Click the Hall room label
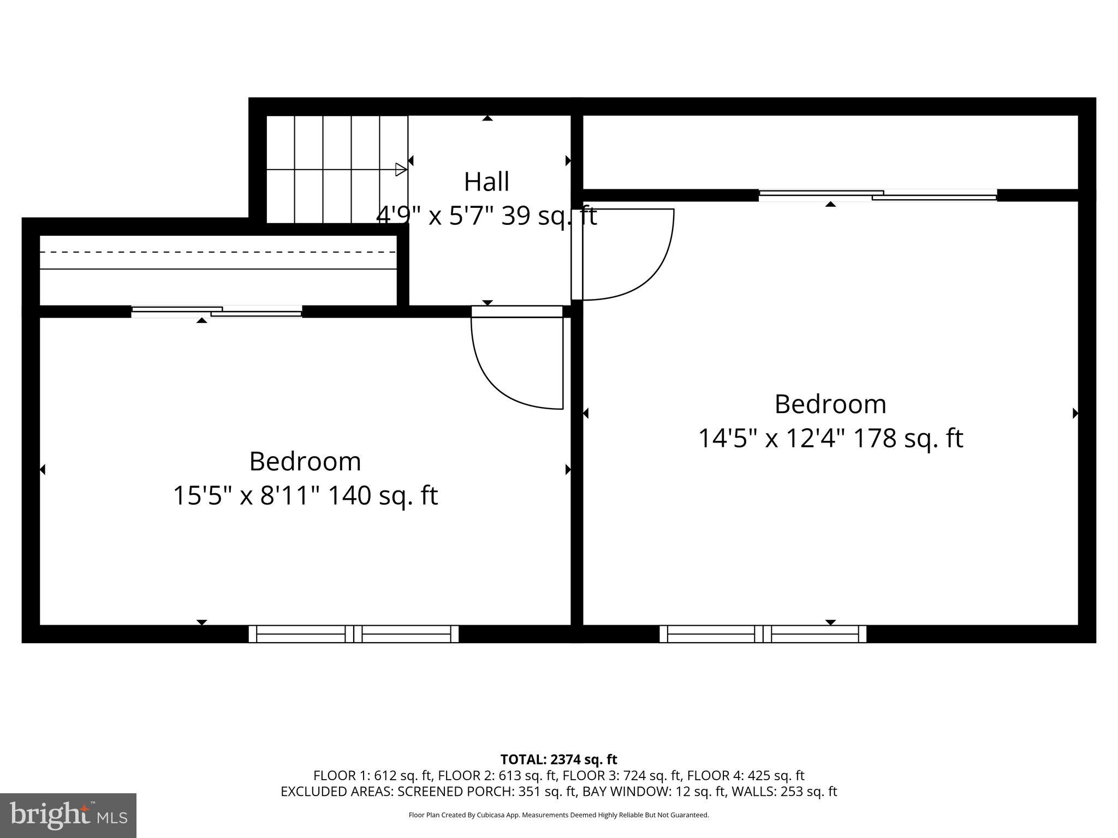coord(486,182)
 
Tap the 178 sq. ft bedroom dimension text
coord(830,438)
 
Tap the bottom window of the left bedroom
coord(354,634)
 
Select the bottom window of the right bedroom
coord(763,634)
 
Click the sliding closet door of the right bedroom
coord(878,195)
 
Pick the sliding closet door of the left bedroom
coord(217,312)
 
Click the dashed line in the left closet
coord(218,252)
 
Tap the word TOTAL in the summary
coord(523,759)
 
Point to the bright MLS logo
coord(68,815)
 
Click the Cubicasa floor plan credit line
coord(558,815)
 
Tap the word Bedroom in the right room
coord(830,404)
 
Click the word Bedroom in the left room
coord(305,462)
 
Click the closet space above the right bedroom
coord(830,152)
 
